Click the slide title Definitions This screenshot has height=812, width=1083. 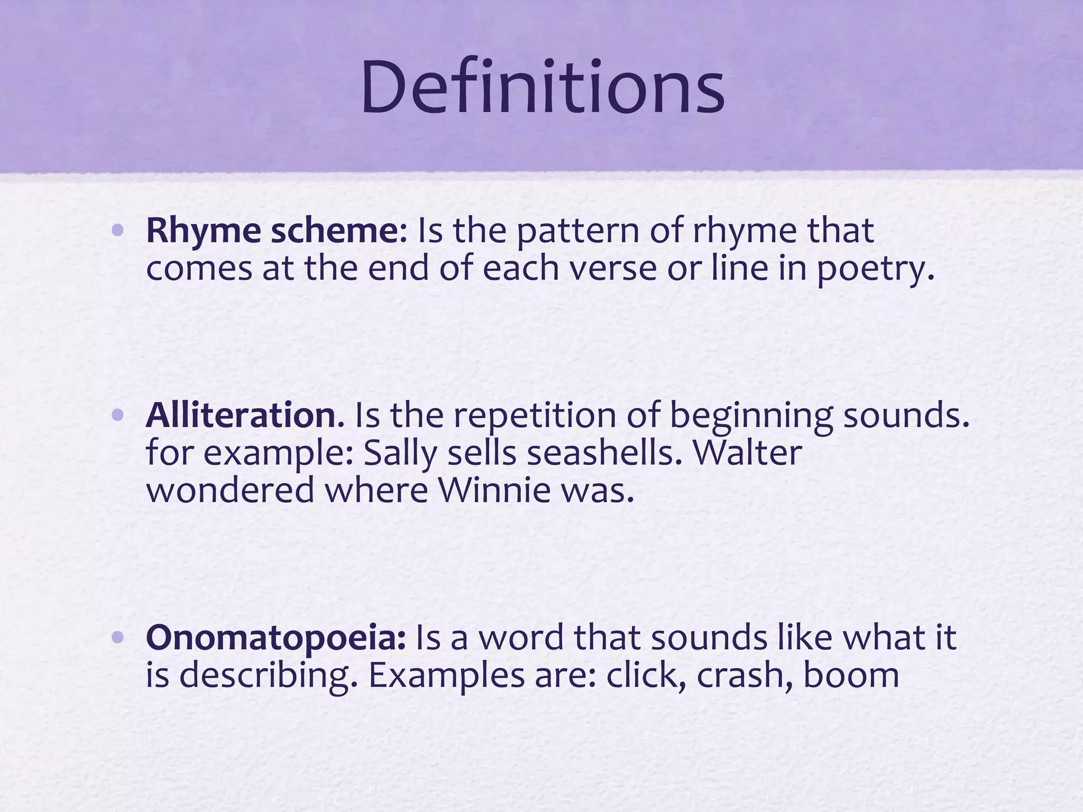[x=543, y=88]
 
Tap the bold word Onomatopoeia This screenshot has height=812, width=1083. [x=276, y=638]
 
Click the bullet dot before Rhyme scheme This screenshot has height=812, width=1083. [x=118, y=231]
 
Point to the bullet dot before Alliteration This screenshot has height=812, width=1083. [x=118, y=416]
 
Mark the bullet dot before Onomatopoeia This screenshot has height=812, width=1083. [x=118, y=638]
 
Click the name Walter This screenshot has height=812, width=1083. [x=747, y=453]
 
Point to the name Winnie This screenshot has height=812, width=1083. [x=494, y=491]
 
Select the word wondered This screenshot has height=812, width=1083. [x=230, y=491]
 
